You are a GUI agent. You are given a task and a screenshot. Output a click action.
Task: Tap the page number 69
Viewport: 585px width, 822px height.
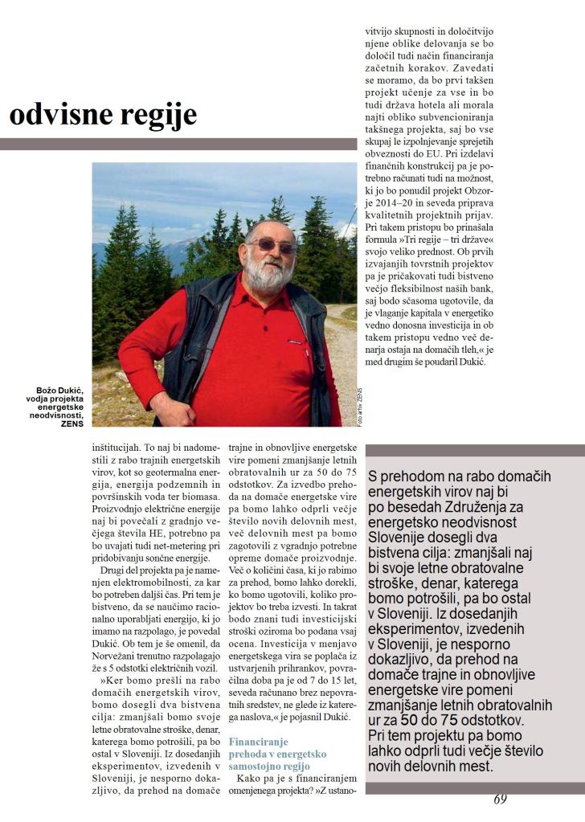point(500,799)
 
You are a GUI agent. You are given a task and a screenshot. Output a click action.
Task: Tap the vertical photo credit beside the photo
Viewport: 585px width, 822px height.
point(360,407)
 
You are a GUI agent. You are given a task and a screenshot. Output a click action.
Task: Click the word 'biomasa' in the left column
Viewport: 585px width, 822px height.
point(190,497)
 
